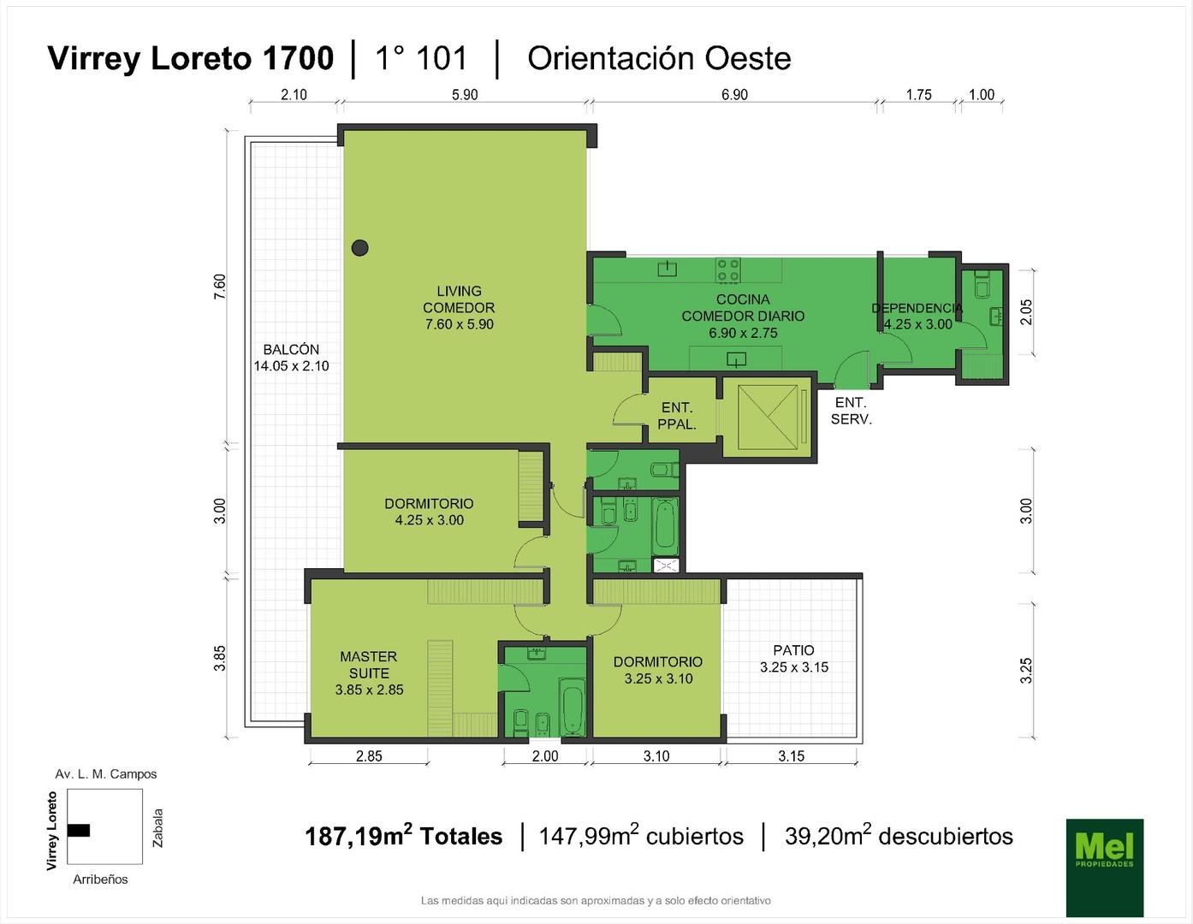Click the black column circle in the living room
tap(359, 248)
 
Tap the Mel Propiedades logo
tap(1105, 868)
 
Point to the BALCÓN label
tap(291, 350)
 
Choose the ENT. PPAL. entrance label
tap(677, 415)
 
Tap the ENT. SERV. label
tap(851, 411)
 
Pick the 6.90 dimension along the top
tap(734, 95)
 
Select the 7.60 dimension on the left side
tap(220, 287)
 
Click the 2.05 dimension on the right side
tap(1025, 312)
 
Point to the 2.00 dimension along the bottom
tap(545, 756)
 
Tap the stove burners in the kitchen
tap(728, 270)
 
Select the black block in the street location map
tap(79, 831)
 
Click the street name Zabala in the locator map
tap(158, 828)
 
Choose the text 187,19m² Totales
tap(404, 835)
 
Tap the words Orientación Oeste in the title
tap(659, 58)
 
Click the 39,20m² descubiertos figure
tap(899, 835)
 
